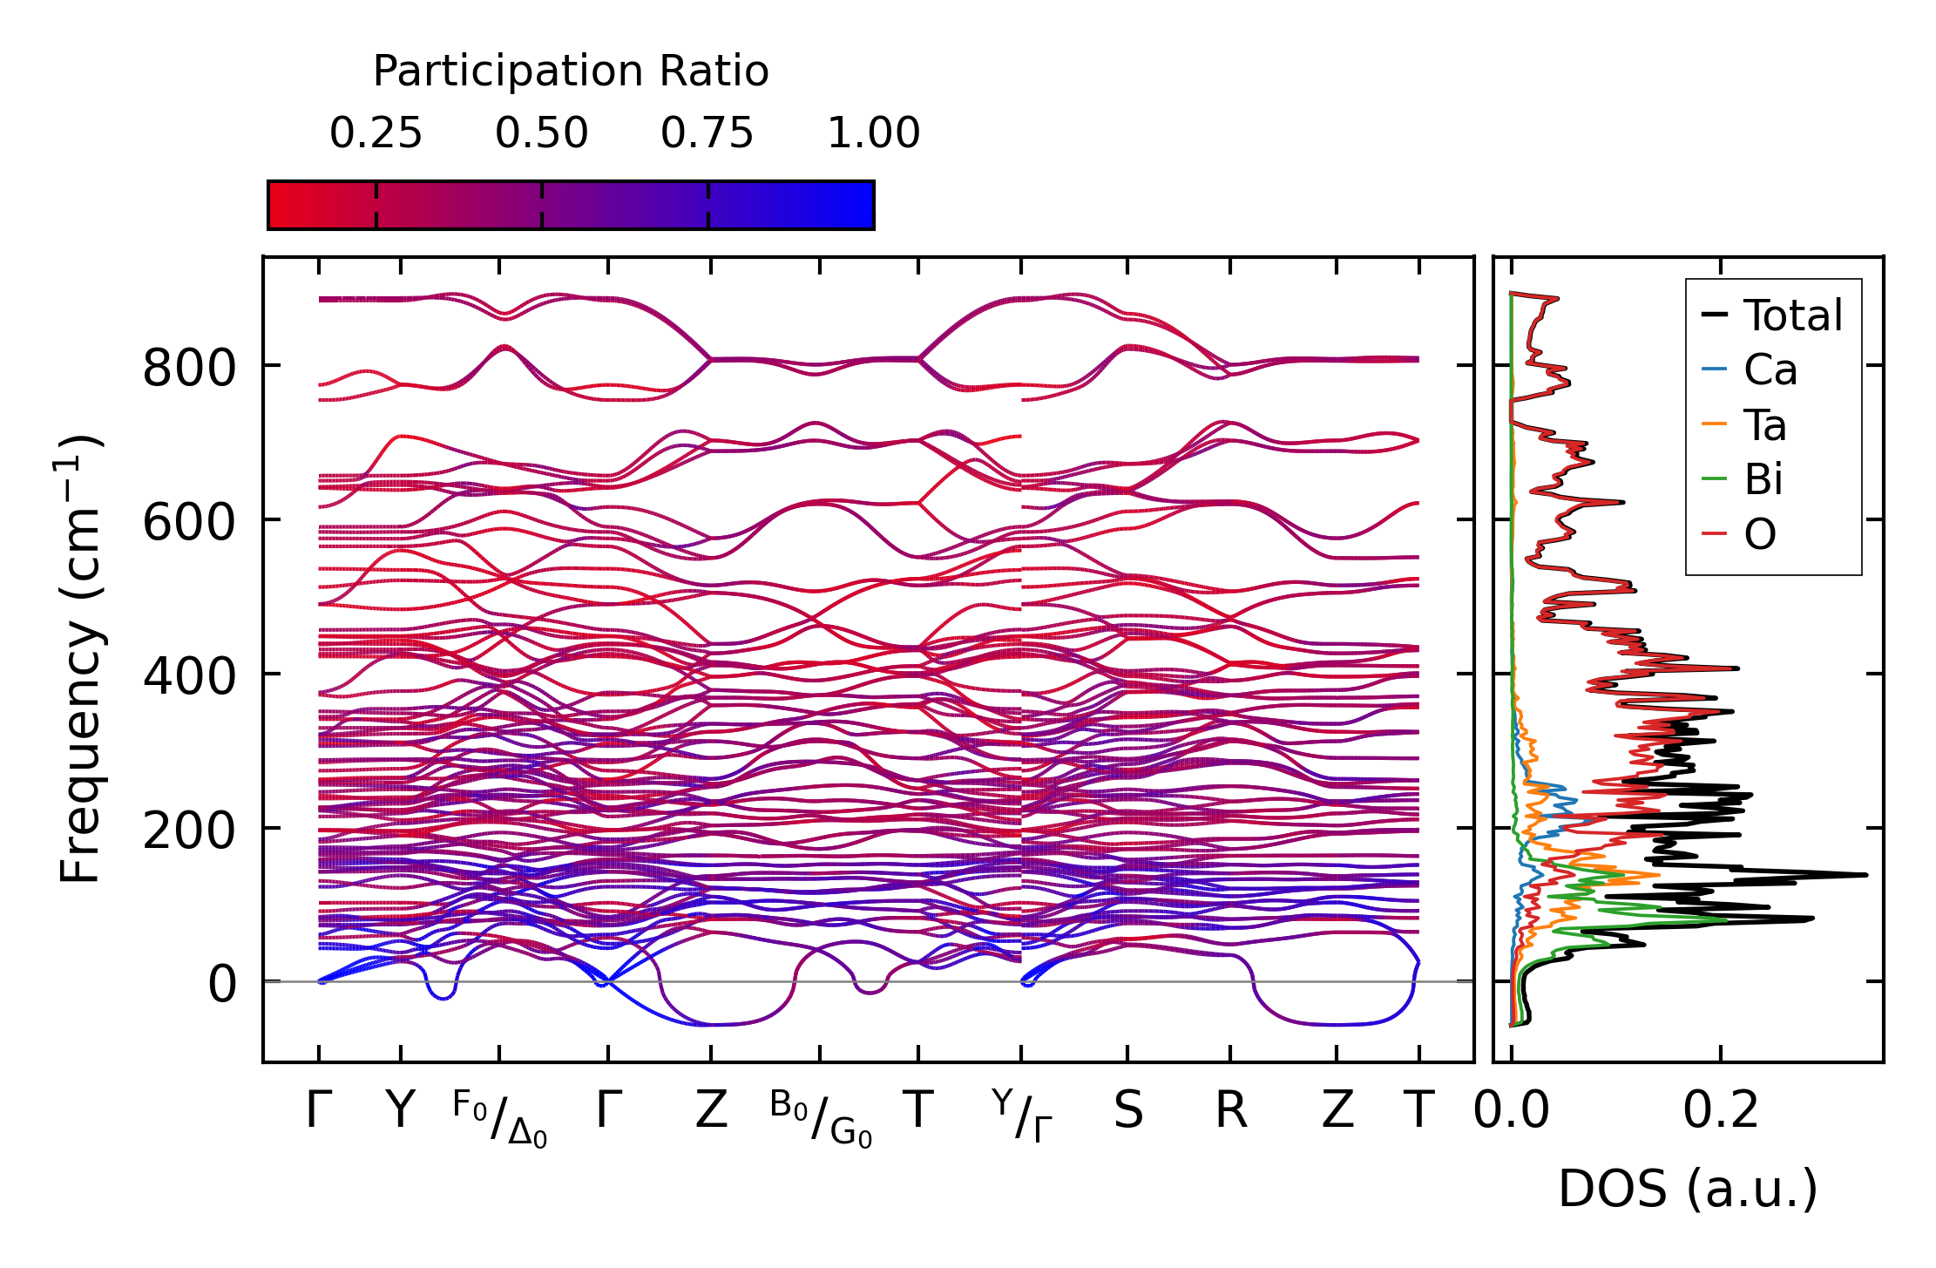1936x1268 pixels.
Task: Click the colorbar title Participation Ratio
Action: (x=571, y=71)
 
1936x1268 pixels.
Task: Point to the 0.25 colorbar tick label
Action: (x=376, y=134)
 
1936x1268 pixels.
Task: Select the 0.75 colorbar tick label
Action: (x=707, y=134)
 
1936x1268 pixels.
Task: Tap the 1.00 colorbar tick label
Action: (x=873, y=134)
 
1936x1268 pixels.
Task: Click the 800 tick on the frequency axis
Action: (x=189, y=368)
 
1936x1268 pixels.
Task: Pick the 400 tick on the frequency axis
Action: (x=189, y=676)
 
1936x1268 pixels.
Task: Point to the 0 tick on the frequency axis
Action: (x=221, y=985)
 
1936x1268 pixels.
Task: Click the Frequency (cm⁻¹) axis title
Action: (x=80, y=659)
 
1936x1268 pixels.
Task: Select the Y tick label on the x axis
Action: (x=400, y=1111)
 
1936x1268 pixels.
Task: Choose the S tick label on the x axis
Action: (x=1127, y=1111)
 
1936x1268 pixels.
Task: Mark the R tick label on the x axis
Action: (x=1230, y=1111)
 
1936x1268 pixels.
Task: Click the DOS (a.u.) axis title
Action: (x=1688, y=1189)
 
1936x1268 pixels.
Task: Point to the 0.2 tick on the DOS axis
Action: (x=1720, y=1111)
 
